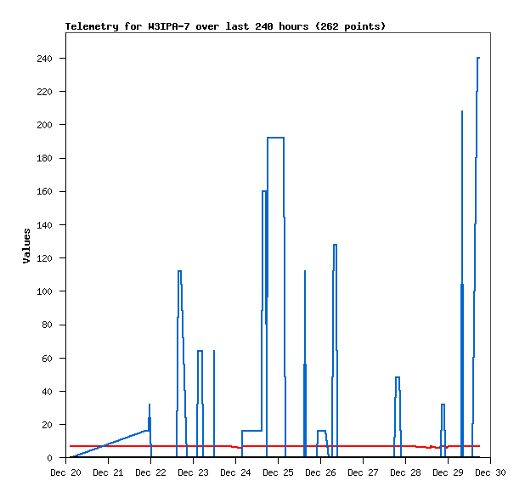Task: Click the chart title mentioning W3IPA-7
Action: pyautogui.click(x=225, y=26)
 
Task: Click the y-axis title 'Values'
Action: pyautogui.click(x=26, y=246)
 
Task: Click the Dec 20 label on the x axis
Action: pyautogui.click(x=66, y=472)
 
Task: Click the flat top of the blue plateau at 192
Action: pyautogui.click(x=276, y=138)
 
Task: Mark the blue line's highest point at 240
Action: pyautogui.click(x=478, y=58)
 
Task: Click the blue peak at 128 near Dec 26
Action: pyautogui.click(x=335, y=245)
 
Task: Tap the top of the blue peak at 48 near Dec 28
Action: pyautogui.click(x=398, y=377)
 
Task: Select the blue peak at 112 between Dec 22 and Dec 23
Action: pyautogui.click(x=179, y=271)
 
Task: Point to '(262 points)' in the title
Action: pyautogui.click(x=350, y=26)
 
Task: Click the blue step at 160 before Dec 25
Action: pyautogui.click(x=264, y=191)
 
